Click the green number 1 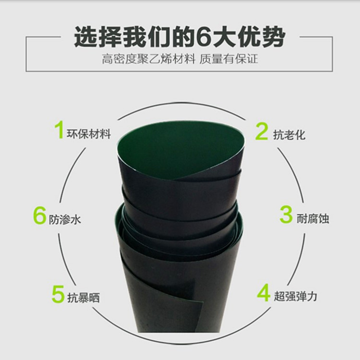click(x=59, y=130)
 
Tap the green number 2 click(x=262, y=131)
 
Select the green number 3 click(x=286, y=215)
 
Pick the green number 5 click(x=58, y=294)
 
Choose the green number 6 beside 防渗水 click(x=39, y=216)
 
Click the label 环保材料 click(x=89, y=134)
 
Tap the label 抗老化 click(x=289, y=134)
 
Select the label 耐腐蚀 click(x=312, y=218)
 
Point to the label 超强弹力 click(x=296, y=296)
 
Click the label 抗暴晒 click(x=84, y=298)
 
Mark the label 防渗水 click(x=65, y=219)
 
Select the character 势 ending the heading click(x=274, y=37)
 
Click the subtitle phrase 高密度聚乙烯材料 click(x=148, y=59)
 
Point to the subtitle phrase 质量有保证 click(x=228, y=59)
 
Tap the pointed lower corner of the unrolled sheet click(x=203, y=302)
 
